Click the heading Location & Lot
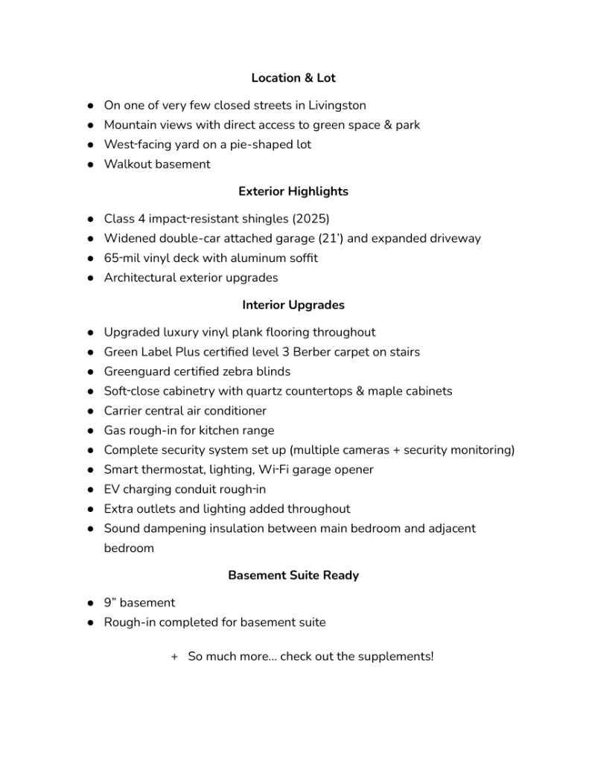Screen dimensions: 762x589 coord(293,78)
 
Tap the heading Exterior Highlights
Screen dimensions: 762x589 coord(293,191)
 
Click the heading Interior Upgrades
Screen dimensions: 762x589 coord(293,305)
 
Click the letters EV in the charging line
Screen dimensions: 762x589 coord(112,490)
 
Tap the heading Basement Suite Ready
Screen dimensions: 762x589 coord(293,575)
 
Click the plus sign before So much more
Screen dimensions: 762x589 coord(174,657)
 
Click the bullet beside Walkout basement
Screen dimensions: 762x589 coord(90,164)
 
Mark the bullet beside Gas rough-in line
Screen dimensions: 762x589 coord(90,431)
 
